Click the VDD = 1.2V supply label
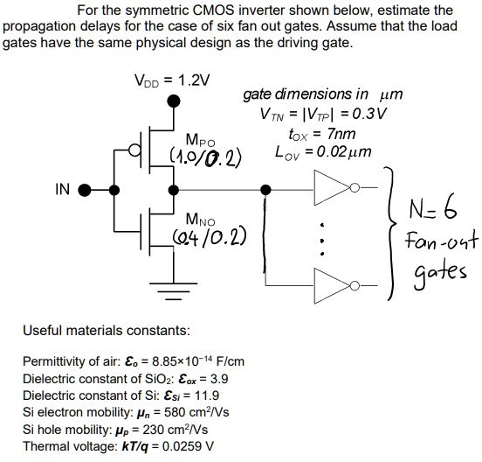172,81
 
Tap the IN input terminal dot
86,190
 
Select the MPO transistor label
199,139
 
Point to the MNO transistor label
199,220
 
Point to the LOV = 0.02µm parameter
322,151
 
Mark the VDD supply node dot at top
172,101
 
